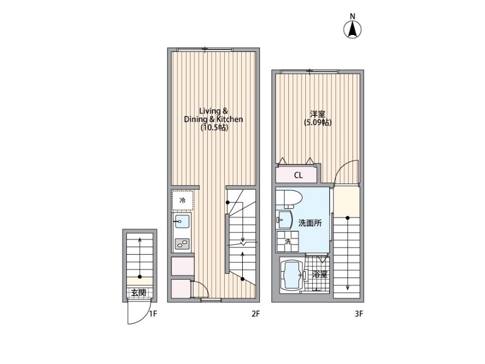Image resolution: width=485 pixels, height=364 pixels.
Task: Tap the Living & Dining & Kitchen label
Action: click(x=214, y=119)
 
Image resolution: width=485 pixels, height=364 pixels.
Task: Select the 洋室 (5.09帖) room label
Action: click(x=318, y=118)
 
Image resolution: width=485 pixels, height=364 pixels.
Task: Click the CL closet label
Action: click(x=298, y=176)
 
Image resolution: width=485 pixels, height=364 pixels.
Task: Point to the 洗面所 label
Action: click(x=310, y=223)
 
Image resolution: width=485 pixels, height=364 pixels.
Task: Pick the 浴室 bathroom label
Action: click(x=320, y=274)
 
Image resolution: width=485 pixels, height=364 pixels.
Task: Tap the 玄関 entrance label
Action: click(x=138, y=292)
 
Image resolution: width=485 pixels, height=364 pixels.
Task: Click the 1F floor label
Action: click(x=153, y=314)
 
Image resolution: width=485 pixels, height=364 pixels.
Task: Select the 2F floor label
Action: click(x=255, y=314)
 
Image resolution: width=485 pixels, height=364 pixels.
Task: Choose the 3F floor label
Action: click(x=358, y=314)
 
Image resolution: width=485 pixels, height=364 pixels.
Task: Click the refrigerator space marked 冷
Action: click(x=183, y=200)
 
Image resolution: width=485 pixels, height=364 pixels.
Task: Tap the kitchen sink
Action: click(x=182, y=221)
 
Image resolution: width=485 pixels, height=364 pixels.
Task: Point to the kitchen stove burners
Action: click(x=182, y=244)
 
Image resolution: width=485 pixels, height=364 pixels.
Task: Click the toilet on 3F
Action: click(x=289, y=198)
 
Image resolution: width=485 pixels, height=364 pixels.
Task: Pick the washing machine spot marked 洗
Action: click(x=288, y=242)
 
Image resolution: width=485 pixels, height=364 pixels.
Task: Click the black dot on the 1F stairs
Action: click(x=140, y=277)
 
